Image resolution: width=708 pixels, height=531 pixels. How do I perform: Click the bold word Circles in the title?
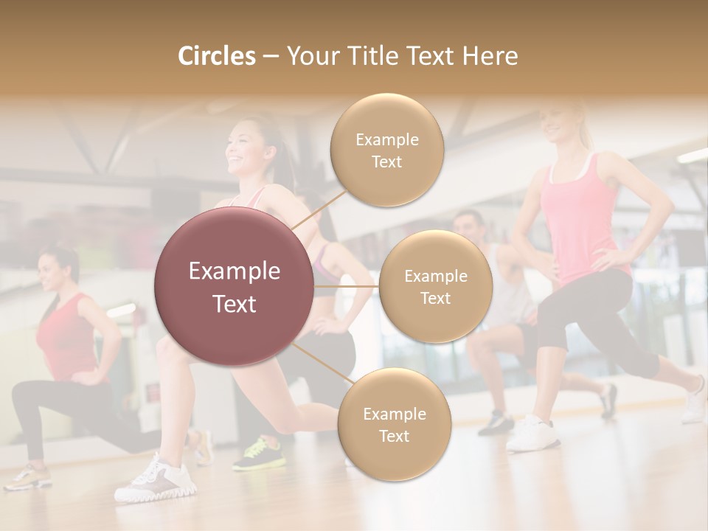point(216,56)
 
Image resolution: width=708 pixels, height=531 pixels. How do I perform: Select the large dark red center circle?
point(234,287)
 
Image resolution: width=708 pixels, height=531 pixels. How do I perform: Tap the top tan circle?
point(386,150)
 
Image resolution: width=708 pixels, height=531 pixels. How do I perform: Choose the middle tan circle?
point(435,287)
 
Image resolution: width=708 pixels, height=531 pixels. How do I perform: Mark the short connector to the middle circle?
point(346,286)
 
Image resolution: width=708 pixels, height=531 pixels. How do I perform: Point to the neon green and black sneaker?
point(257,454)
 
